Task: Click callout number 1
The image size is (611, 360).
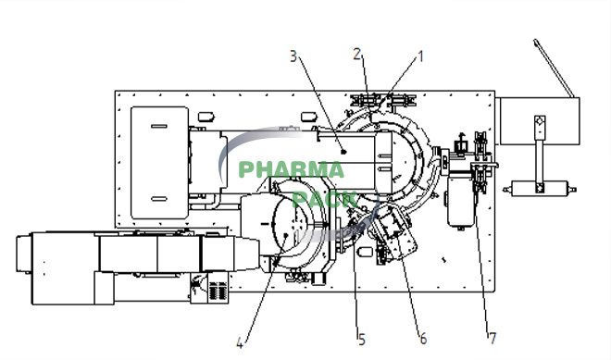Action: (x=420, y=56)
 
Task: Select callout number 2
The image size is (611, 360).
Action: (x=357, y=55)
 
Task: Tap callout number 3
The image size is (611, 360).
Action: (x=293, y=56)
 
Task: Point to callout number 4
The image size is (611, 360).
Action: (x=240, y=343)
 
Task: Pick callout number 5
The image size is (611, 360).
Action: (x=362, y=341)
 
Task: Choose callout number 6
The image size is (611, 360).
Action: (x=423, y=339)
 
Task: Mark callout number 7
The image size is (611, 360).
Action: (x=493, y=338)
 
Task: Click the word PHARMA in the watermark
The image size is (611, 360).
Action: (x=291, y=170)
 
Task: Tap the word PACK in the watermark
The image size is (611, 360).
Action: (x=324, y=199)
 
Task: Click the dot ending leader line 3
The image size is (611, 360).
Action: (x=343, y=152)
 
